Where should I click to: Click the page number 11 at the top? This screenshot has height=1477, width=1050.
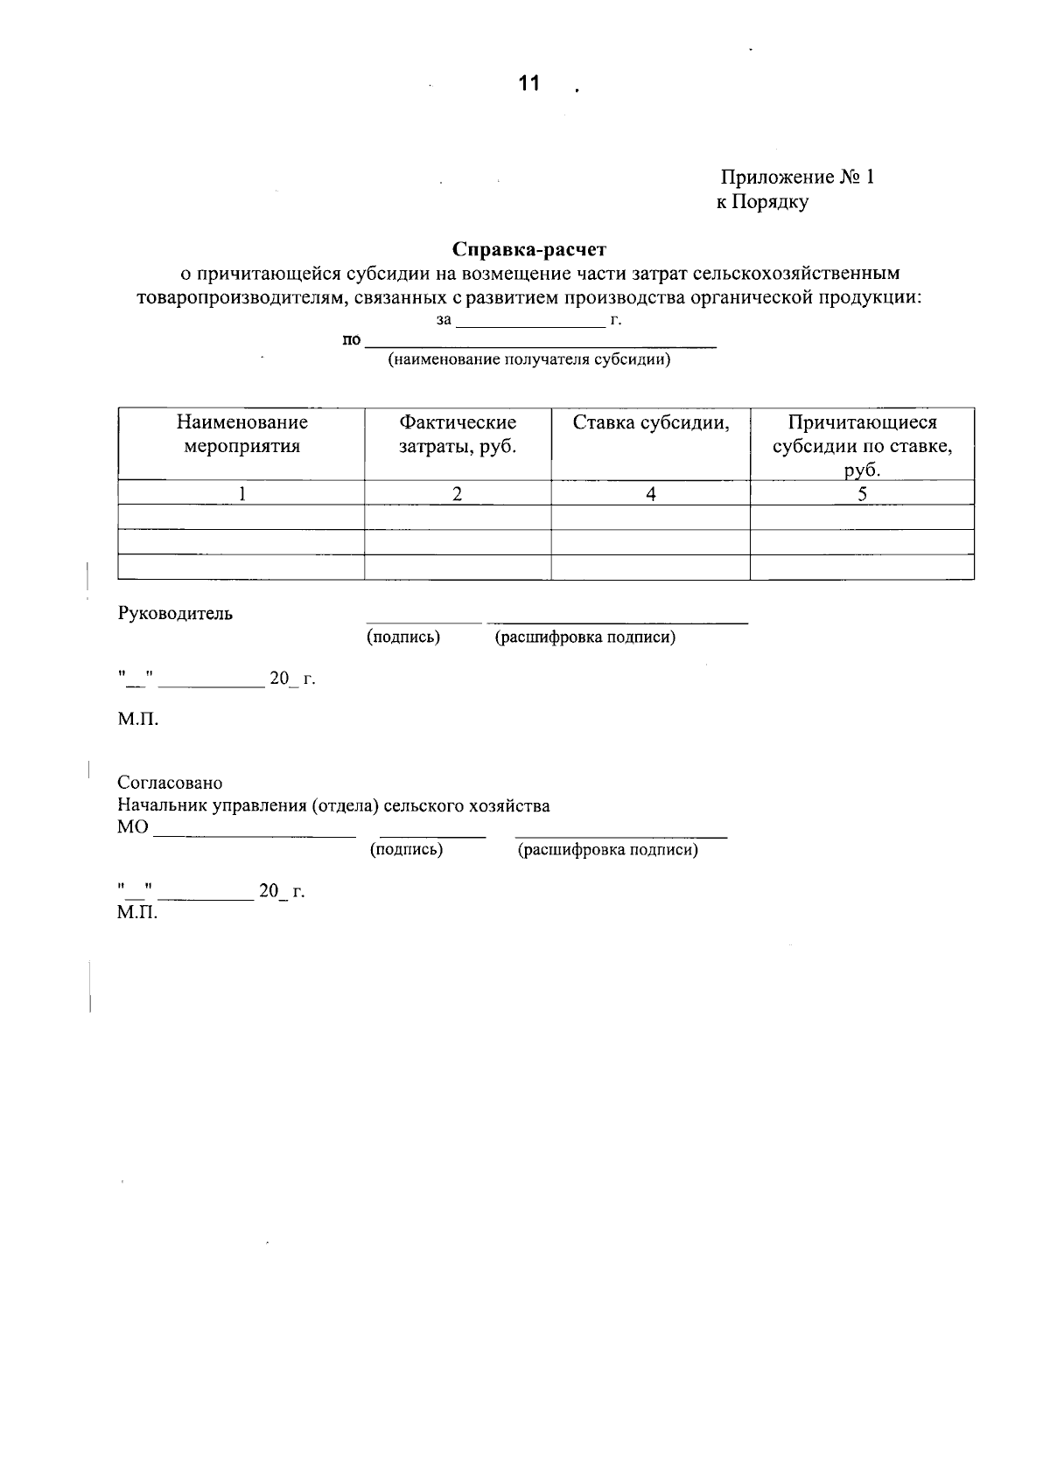528,84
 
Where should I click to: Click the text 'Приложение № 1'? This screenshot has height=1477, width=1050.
797,178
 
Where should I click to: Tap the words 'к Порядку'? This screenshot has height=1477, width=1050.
762,203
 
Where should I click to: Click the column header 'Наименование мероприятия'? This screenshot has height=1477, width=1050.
241,435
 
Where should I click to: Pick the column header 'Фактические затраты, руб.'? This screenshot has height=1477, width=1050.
458,435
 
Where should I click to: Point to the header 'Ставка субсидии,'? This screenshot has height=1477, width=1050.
651,423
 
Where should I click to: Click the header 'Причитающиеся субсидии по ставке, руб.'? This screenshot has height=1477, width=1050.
862,446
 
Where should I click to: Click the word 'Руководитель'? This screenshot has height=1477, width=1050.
175,613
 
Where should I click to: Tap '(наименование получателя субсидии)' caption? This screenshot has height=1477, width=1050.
529,359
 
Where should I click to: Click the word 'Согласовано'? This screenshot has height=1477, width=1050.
170,783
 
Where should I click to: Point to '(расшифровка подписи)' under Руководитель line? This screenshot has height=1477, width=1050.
585,637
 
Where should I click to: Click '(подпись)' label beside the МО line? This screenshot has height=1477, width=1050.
406,849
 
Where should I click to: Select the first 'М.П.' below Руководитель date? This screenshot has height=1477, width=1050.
138,721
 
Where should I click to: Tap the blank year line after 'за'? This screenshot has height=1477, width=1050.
530,321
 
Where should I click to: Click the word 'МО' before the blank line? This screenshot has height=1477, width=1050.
133,827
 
